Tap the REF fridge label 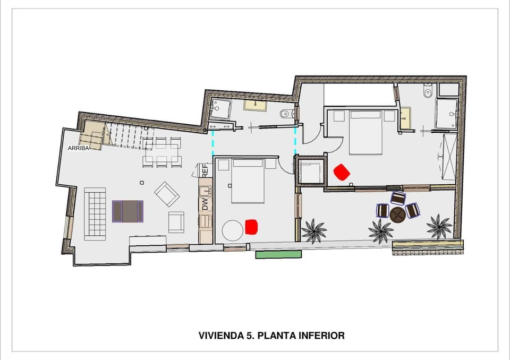204,170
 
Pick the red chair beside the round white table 251,227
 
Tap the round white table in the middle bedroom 233,230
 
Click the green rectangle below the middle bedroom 278,255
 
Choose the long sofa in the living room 95,213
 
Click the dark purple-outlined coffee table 127,211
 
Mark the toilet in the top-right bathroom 428,92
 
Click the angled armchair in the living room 166,194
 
